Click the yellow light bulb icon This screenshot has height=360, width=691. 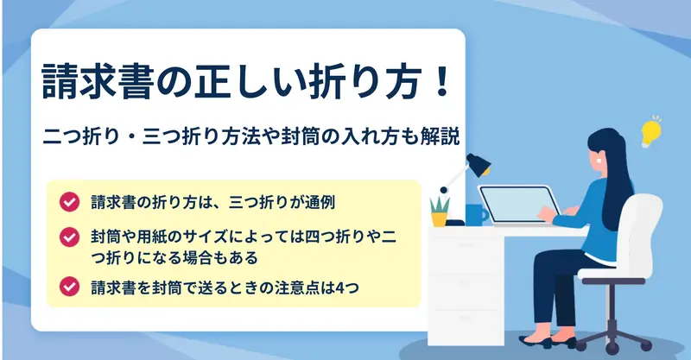click(x=651, y=132)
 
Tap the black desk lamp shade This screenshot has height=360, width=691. click(x=479, y=165)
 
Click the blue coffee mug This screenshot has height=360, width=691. click(x=476, y=215)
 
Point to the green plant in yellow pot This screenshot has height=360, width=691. click(x=440, y=212)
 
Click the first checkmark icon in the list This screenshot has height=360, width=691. click(x=69, y=202)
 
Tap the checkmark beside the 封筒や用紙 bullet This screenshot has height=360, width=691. click(x=69, y=237)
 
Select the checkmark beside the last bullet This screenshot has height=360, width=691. click(x=69, y=287)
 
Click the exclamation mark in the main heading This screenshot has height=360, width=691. click(x=441, y=82)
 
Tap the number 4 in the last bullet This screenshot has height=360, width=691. click(x=339, y=287)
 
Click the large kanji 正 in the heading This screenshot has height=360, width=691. click(x=212, y=82)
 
